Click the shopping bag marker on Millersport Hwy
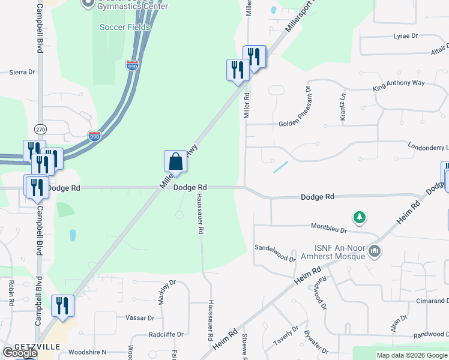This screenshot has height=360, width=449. pos(175,161)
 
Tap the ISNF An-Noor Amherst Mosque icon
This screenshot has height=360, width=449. pos(374,250)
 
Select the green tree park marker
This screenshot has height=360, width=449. pos(360,217)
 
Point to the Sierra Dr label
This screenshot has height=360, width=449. pos(22,72)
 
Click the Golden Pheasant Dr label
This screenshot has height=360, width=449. pos(297,124)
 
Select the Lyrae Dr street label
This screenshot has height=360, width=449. pos(405,36)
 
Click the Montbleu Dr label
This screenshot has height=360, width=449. pos(329,227)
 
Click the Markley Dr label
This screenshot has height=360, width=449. pos(163,289)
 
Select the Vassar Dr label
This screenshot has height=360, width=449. pos(140,317)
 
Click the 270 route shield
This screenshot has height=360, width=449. pos(40,129)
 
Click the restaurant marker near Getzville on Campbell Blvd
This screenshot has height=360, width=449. pos(62,305)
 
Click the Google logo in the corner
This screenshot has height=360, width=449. pos(20,353)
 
